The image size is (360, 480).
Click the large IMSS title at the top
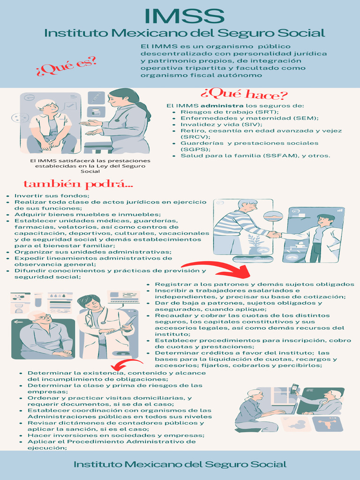tap(184, 15)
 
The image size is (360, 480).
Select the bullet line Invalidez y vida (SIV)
tap(215, 125)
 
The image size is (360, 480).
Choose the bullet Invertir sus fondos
tap(52, 195)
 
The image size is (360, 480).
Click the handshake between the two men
tap(273, 234)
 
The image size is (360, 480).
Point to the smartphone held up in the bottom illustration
tap(294, 388)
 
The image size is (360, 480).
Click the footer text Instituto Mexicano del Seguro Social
tap(180, 465)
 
